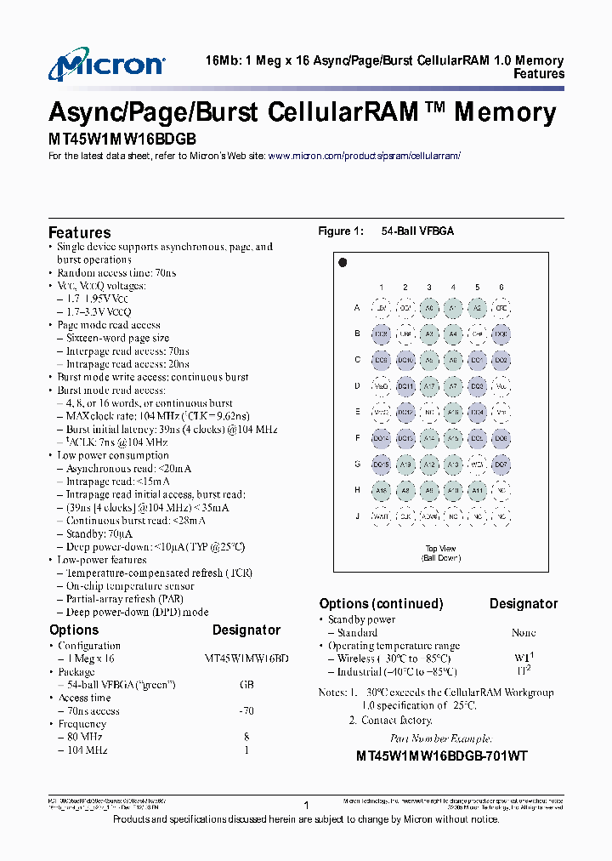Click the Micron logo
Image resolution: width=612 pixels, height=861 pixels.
pyautogui.click(x=106, y=66)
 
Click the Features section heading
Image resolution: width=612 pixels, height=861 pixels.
pyautogui.click(x=79, y=232)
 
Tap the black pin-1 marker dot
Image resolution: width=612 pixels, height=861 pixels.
pyautogui.click(x=343, y=263)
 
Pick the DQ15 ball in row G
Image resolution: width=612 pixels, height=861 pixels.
pyautogui.click(x=382, y=465)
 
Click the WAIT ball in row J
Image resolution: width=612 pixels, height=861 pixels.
pyautogui.click(x=382, y=516)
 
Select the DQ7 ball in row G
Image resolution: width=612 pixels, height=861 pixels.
pyautogui.click(x=501, y=465)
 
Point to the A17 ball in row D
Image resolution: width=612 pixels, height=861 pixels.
pyautogui.click(x=429, y=386)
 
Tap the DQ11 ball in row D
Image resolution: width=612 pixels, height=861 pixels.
pyautogui.click(x=405, y=386)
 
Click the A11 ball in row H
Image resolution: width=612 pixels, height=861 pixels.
pyautogui.click(x=478, y=491)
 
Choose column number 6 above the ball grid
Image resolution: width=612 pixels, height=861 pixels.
pyautogui.click(x=501, y=288)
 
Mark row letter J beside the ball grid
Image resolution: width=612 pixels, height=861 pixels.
pyautogui.click(x=357, y=516)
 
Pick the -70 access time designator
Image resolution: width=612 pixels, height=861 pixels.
pyautogui.click(x=246, y=710)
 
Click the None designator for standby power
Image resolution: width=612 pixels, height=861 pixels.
pyautogui.click(x=524, y=633)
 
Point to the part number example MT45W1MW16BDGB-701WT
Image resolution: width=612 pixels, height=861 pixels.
pyautogui.click(x=441, y=756)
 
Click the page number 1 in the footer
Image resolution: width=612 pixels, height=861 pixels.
pyautogui.click(x=305, y=803)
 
